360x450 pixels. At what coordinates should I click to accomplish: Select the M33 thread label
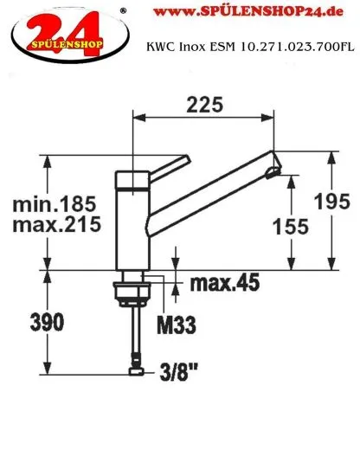pos(176,325)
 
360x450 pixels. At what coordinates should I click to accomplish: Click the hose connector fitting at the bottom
pos(133,372)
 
